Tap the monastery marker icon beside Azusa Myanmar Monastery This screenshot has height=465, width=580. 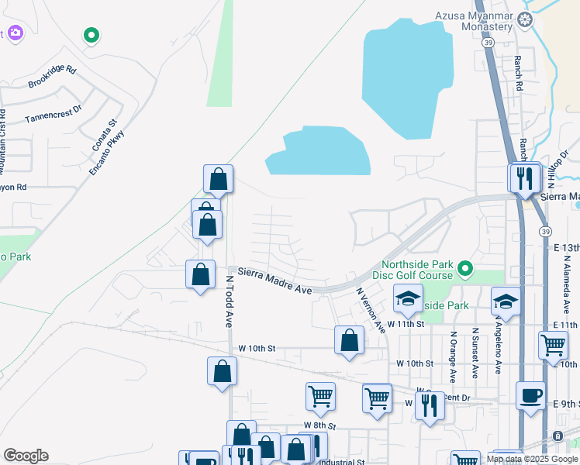click(x=526, y=19)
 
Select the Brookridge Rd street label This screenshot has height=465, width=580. click(x=52, y=76)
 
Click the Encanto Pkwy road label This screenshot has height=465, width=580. click(x=106, y=152)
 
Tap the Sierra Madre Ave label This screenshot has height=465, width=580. click(x=274, y=281)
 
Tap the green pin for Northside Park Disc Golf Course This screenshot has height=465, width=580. click(x=465, y=270)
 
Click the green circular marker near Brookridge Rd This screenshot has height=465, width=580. click(x=91, y=35)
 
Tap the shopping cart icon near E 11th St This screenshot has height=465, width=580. click(x=553, y=343)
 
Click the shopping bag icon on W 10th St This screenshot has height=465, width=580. click(x=350, y=339)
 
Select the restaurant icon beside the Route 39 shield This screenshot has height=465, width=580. click(x=525, y=177)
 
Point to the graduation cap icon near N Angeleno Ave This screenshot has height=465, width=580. click(x=506, y=301)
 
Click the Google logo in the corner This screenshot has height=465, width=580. click(x=26, y=456)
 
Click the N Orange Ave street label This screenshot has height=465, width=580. click(x=453, y=356)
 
